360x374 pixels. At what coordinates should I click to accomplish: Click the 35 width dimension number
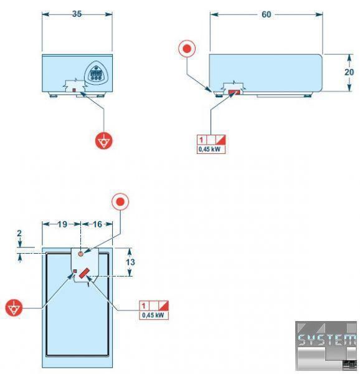click(77, 14)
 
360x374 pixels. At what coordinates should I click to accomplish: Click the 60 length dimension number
click(267, 14)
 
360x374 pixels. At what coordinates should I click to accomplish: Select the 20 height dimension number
click(349, 72)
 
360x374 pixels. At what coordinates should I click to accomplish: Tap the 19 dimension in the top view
click(62, 224)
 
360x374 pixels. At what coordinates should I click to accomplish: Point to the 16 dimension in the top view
click(97, 224)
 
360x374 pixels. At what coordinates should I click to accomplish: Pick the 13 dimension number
click(130, 262)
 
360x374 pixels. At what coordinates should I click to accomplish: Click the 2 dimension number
click(19, 233)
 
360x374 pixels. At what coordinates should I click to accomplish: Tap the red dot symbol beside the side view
click(187, 49)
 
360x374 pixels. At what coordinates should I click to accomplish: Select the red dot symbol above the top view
click(120, 202)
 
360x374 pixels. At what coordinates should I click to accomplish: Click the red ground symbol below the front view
click(104, 140)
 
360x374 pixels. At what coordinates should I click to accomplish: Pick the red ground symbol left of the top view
click(14, 308)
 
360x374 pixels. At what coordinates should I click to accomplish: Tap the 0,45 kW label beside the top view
click(153, 315)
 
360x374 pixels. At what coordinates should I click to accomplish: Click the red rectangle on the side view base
click(234, 92)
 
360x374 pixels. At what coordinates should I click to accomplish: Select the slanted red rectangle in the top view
click(84, 274)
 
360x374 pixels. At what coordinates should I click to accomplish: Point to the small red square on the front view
click(74, 90)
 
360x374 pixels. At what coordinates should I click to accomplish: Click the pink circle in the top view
click(81, 254)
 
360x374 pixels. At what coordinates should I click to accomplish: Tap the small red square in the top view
click(75, 271)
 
